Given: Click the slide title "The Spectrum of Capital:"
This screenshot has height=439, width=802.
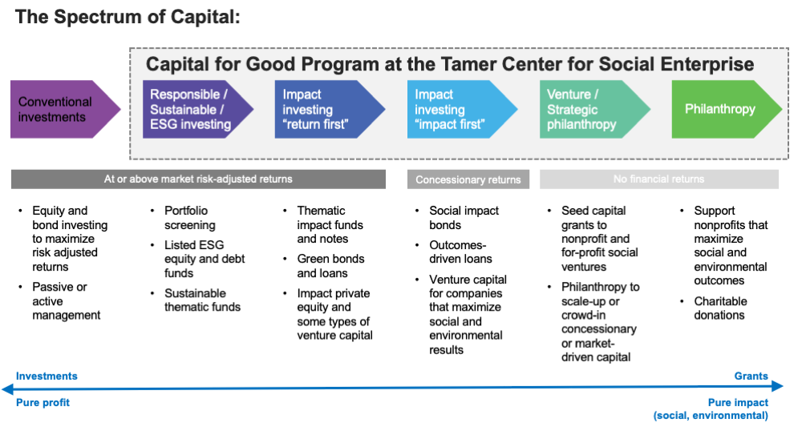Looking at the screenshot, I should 128,17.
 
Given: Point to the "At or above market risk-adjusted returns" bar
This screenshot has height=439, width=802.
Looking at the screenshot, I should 198,179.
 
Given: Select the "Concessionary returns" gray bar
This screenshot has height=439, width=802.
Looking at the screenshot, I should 468,179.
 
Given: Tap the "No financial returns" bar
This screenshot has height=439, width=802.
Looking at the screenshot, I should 658,179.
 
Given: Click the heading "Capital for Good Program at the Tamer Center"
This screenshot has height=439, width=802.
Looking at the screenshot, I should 450,63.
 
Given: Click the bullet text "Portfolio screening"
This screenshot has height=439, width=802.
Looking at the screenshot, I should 191,218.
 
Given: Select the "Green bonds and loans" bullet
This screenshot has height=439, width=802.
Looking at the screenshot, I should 330,266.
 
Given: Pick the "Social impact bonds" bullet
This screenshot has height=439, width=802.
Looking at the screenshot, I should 464,218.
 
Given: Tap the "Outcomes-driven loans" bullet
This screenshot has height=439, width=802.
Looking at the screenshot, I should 460,252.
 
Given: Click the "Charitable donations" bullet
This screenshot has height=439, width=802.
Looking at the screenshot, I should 720,308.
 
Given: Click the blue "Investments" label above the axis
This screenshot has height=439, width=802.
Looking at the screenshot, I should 47,376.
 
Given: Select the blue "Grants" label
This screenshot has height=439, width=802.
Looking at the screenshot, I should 751,376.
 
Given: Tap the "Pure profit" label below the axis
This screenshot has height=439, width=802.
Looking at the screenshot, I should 43,402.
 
